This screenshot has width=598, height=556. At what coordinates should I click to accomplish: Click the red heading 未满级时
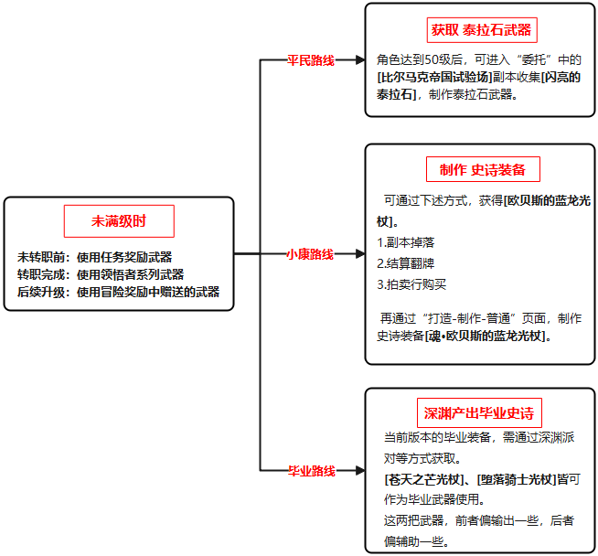click(x=119, y=221)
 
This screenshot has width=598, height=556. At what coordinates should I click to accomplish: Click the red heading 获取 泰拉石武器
click(x=481, y=30)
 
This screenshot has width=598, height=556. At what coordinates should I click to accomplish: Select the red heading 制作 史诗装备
click(x=483, y=170)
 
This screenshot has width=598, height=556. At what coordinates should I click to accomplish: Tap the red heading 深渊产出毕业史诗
click(x=479, y=413)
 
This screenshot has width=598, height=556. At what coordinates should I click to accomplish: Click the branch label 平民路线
click(x=311, y=60)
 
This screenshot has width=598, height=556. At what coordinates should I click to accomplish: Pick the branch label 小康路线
click(x=310, y=254)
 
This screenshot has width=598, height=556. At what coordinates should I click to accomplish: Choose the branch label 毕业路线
click(x=312, y=471)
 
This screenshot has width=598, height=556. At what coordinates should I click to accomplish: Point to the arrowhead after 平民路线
click(x=360, y=59)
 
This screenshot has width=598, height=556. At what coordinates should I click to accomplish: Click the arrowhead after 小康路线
click(x=360, y=253)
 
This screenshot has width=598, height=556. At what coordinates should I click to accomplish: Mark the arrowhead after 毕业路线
click(x=360, y=471)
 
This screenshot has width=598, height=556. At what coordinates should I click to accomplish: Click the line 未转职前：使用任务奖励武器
click(x=94, y=257)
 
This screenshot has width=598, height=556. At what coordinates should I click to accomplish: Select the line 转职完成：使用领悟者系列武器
click(x=101, y=274)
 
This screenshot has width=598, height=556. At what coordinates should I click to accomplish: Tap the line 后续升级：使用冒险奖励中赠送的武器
click(x=119, y=292)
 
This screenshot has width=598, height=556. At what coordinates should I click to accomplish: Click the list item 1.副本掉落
click(x=406, y=242)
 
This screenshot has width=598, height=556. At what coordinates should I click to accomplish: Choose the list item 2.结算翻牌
click(x=406, y=263)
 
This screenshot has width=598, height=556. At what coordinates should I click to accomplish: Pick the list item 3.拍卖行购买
click(x=411, y=284)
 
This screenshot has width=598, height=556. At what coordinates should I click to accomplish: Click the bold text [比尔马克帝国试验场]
click(x=434, y=77)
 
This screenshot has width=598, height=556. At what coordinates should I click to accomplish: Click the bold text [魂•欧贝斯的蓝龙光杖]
click(x=486, y=336)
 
